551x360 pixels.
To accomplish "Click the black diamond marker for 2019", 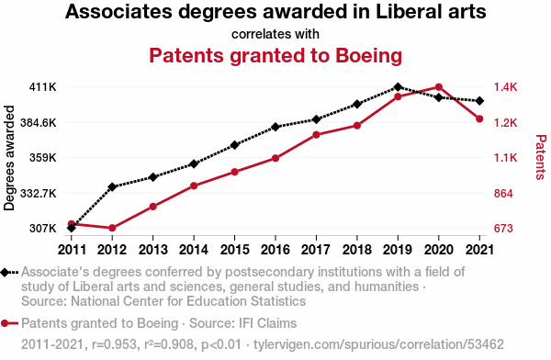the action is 398,87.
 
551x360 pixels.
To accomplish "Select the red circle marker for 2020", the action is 439,87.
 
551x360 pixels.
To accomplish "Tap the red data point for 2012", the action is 112,228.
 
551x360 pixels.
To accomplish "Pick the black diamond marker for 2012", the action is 112,186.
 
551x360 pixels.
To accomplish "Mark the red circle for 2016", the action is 275,158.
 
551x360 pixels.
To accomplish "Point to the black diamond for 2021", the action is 479,101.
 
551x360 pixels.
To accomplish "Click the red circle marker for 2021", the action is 479,118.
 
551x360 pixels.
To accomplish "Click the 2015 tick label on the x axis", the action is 235,250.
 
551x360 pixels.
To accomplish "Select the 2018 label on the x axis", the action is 357,250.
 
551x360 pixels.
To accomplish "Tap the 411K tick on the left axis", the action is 42,87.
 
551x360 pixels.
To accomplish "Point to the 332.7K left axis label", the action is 39,194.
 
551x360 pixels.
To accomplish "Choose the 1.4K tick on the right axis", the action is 506,87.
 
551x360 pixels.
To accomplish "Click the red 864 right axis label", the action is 503,194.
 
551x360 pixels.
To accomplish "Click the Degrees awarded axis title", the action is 9,158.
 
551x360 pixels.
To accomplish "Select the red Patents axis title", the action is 541,157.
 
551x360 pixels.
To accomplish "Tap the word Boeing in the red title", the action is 368,55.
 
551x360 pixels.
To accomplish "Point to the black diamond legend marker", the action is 5,273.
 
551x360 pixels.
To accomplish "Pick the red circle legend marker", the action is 5,323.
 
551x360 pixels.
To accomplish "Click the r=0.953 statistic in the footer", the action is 114,344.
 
